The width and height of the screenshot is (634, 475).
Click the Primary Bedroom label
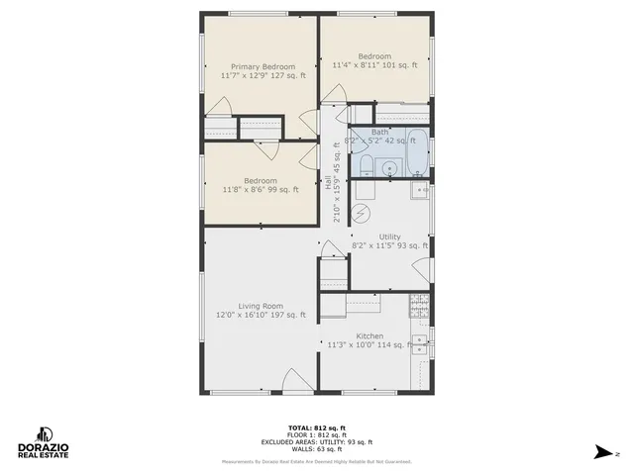(257, 66)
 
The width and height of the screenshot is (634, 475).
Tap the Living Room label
(261, 306)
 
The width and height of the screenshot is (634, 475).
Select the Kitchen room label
(370, 335)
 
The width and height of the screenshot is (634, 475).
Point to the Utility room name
(389, 237)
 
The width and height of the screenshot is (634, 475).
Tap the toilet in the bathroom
(365, 165)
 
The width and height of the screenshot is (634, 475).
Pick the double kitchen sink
(421, 344)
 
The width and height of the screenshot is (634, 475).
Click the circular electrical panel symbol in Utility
(363, 212)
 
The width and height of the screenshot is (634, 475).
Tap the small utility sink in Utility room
(421, 188)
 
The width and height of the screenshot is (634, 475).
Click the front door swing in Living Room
(292, 380)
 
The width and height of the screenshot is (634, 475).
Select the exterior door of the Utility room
(424, 267)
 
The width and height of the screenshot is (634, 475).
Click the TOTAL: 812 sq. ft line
(317, 427)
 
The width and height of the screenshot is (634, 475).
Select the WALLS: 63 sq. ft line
(317, 449)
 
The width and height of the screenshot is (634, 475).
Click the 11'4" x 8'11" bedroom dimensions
(373, 66)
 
